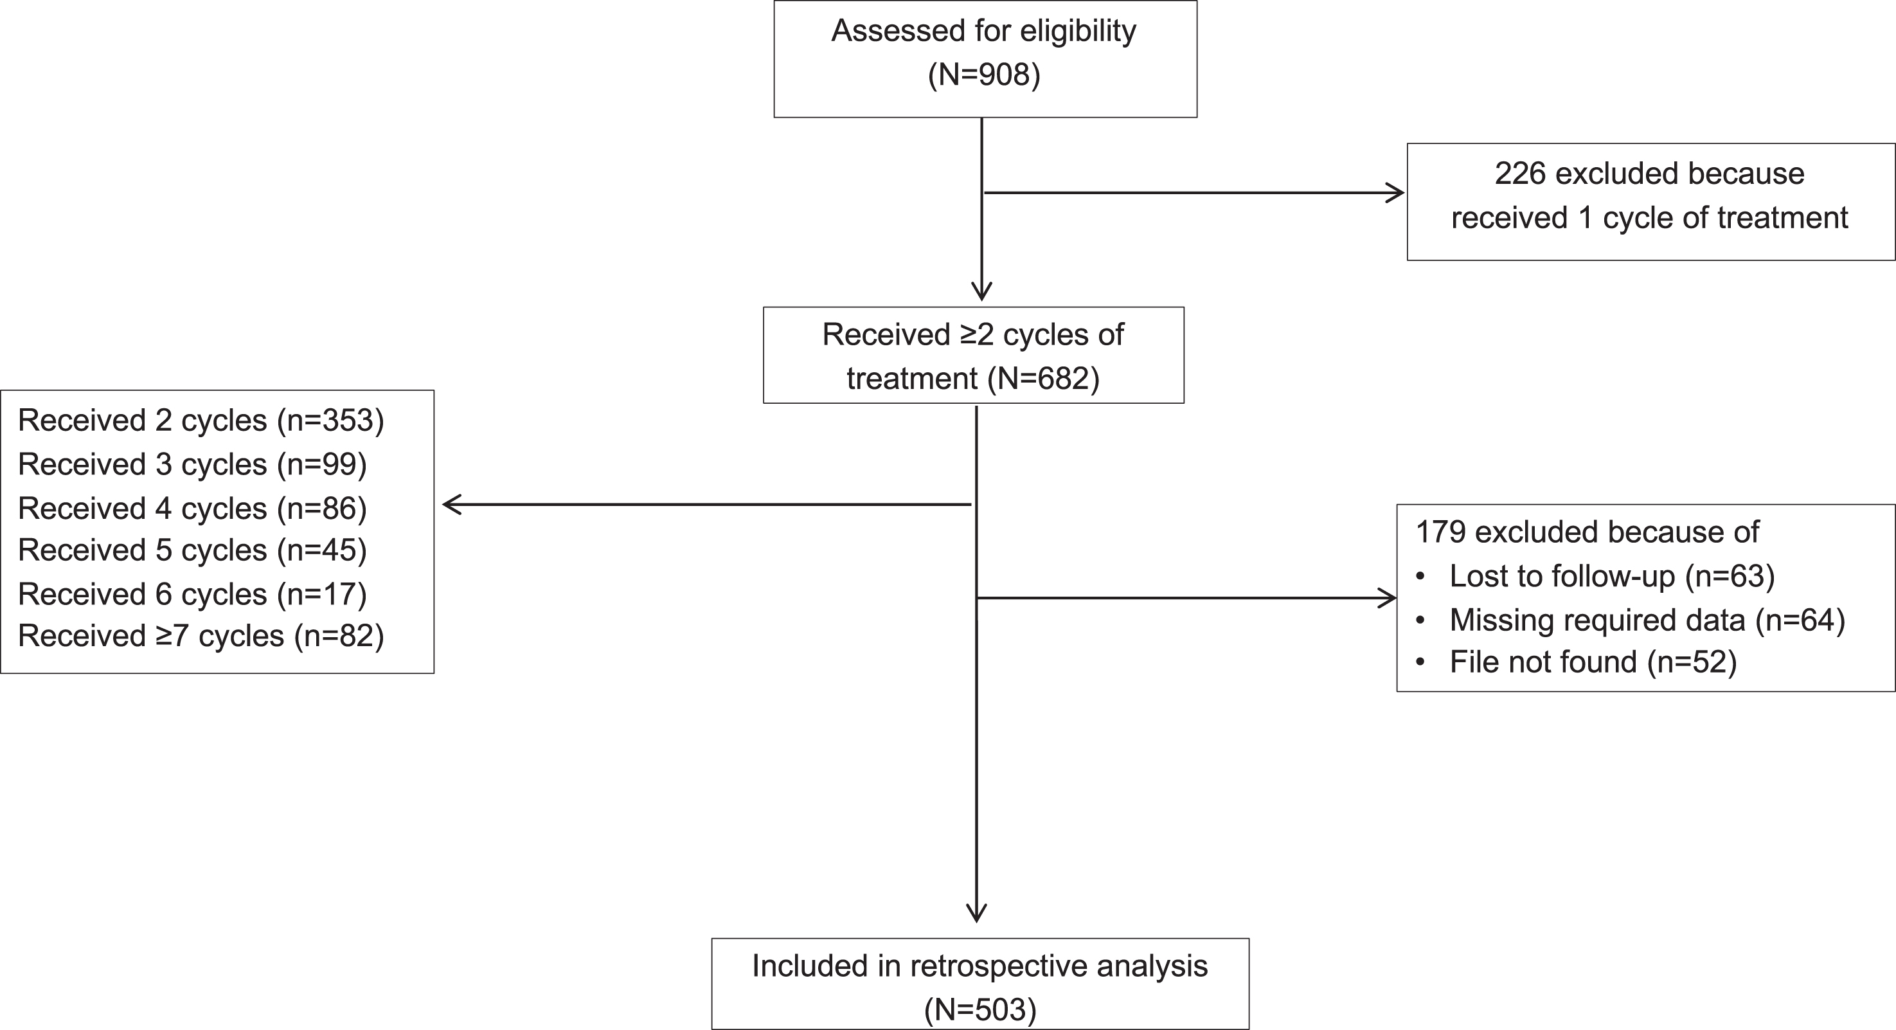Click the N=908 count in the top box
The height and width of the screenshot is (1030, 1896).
coord(984,75)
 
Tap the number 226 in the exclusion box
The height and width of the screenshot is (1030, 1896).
coord(1520,174)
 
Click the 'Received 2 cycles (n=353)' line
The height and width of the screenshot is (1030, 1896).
coord(201,420)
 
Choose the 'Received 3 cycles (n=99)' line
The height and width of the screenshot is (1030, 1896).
coord(192,465)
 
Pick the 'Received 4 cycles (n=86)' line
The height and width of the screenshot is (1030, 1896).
coord(192,508)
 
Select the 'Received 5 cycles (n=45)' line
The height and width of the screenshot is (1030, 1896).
coord(192,550)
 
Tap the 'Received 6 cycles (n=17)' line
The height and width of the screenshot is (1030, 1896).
coord(192,594)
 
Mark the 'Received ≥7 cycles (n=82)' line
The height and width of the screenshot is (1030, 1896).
coord(201,636)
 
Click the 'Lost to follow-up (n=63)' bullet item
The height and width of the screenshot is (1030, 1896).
coord(1596,575)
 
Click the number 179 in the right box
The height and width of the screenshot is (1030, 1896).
coord(1441,532)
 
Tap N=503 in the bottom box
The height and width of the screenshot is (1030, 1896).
coord(980,1009)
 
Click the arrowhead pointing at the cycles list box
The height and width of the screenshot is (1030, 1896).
coord(451,504)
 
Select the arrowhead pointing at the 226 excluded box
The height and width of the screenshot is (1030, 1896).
coord(1395,193)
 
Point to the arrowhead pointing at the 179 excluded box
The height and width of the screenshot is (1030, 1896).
coord(1388,598)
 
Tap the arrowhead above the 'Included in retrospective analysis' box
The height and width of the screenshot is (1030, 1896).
coord(976,914)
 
